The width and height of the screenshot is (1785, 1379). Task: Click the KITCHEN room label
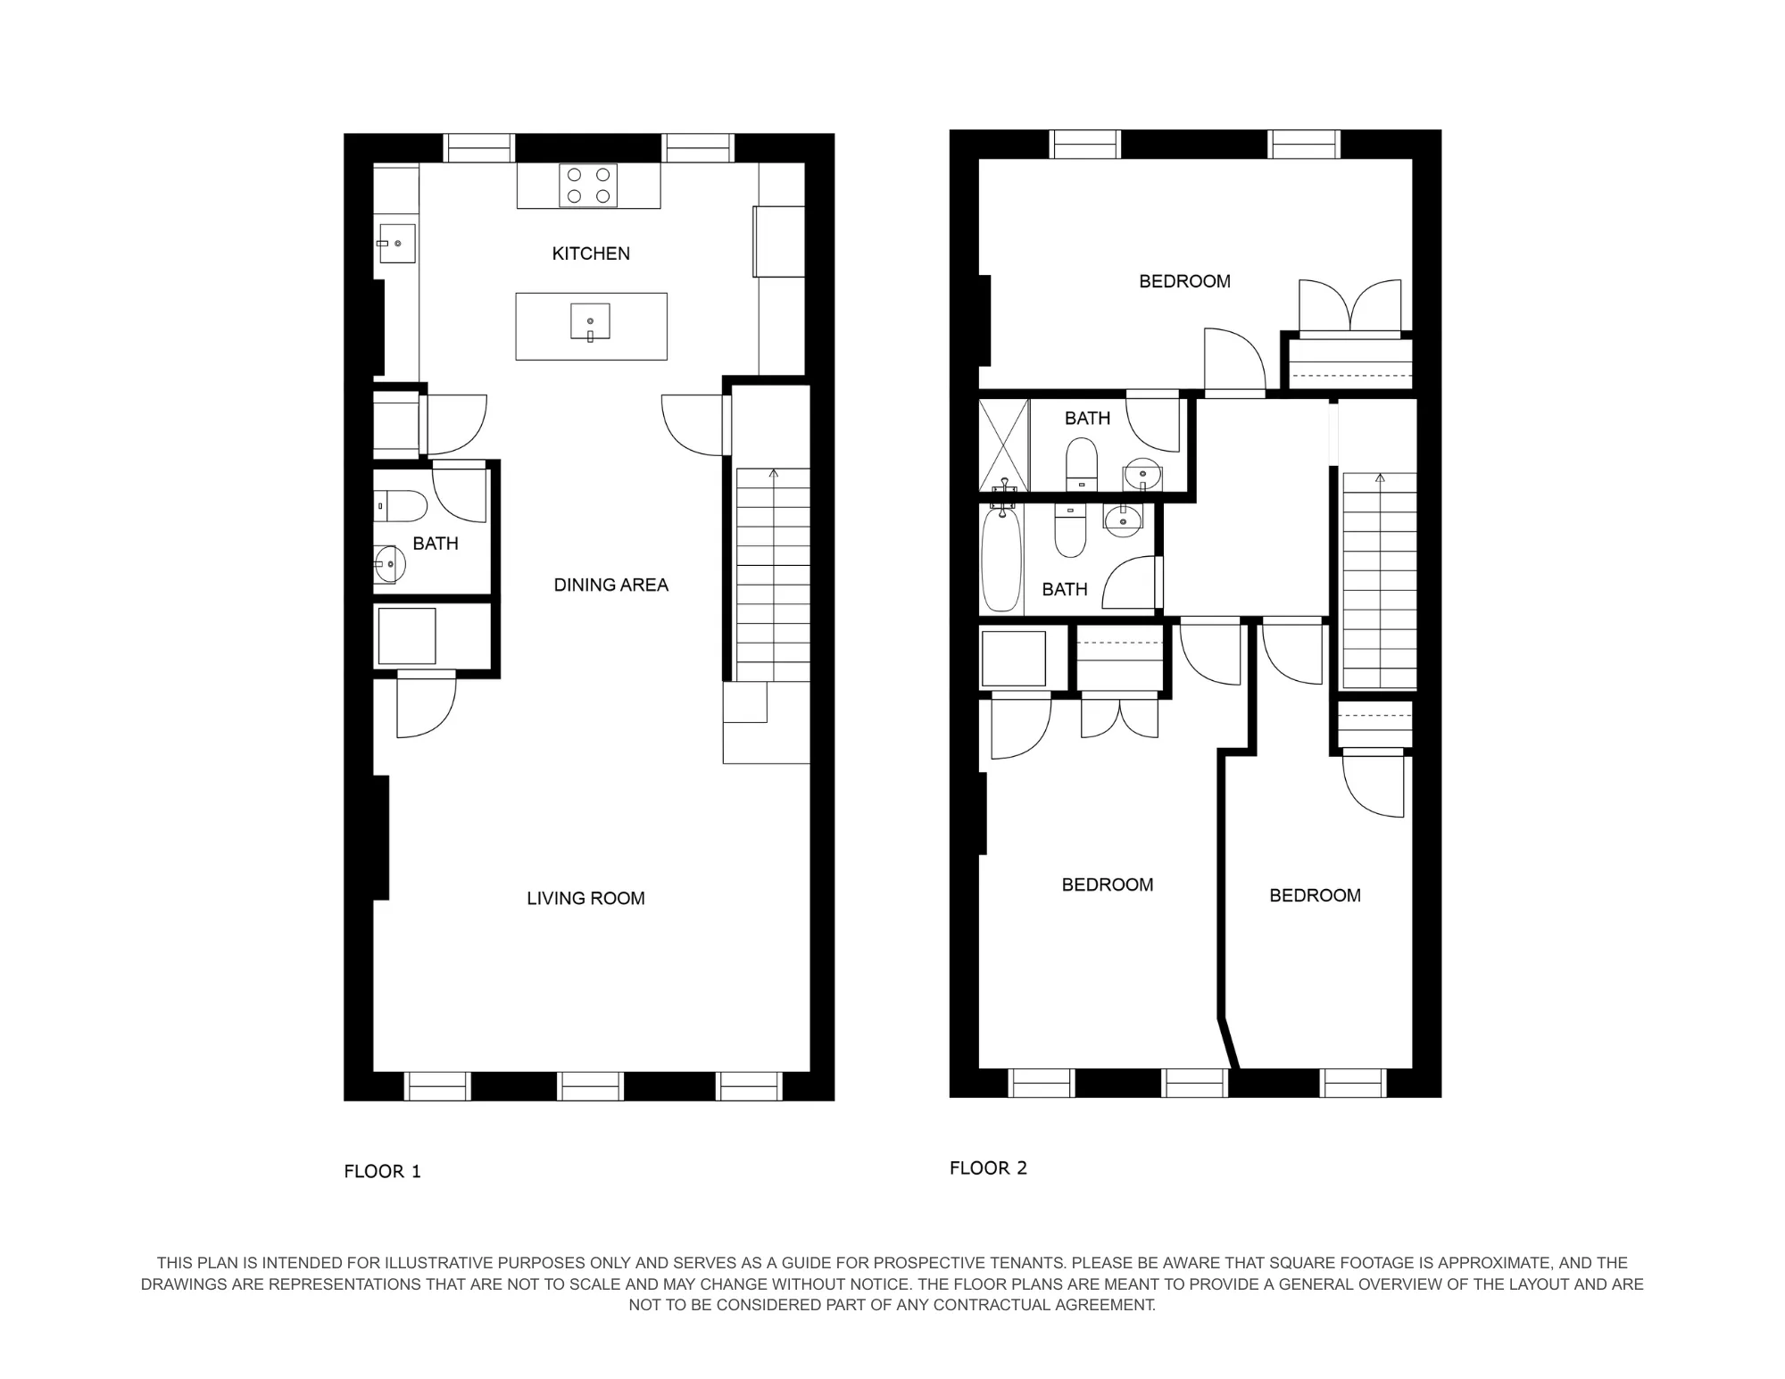coord(591,253)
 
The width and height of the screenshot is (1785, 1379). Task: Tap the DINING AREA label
coord(610,585)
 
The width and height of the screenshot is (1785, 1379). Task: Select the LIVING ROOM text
coord(585,898)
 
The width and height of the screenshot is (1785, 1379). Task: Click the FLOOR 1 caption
coord(382,1171)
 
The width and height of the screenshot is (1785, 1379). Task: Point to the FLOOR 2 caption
coord(988,1167)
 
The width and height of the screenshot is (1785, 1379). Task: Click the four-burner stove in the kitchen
coord(588,186)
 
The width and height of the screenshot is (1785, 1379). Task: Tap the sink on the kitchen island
coord(590,321)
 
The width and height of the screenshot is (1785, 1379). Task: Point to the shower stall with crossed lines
coord(1004,444)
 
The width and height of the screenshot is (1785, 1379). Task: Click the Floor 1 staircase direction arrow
coord(773,474)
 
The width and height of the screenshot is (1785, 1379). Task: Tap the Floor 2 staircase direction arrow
coord(1380,479)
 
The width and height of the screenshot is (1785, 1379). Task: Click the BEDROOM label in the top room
coord(1184,281)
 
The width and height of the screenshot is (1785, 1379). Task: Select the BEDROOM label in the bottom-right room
coord(1315,895)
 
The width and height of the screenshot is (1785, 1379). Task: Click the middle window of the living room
coord(589,1085)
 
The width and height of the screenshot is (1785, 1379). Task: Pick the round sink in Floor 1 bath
coord(390,564)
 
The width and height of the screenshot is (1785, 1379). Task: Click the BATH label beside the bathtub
coord(1064,589)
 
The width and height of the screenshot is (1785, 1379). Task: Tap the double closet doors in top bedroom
coord(1349,306)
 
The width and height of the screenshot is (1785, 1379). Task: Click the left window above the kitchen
coord(479,147)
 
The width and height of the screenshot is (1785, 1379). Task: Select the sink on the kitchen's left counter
coord(396,243)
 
